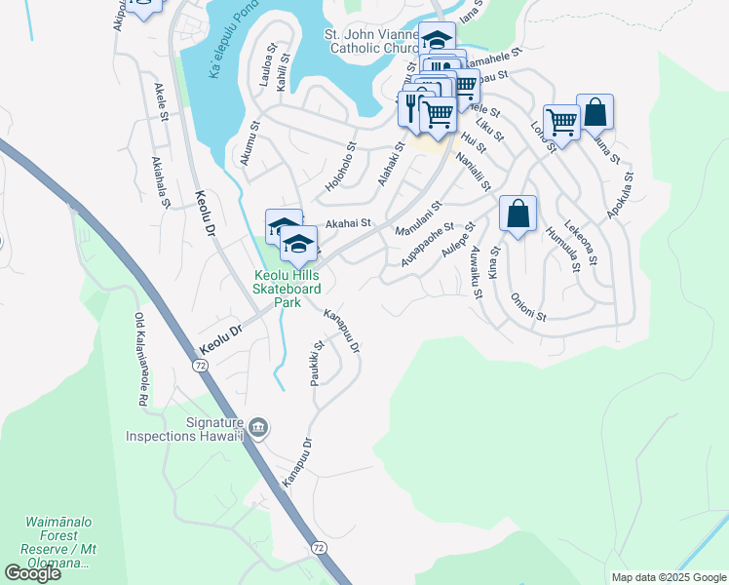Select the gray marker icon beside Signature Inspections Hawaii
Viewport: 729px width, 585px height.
click(x=259, y=427)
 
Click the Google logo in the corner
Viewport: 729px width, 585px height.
click(x=32, y=573)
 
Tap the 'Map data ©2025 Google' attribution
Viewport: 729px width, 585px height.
click(x=668, y=577)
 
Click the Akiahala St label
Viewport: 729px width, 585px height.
click(x=161, y=182)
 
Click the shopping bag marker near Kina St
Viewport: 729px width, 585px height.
click(x=518, y=214)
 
